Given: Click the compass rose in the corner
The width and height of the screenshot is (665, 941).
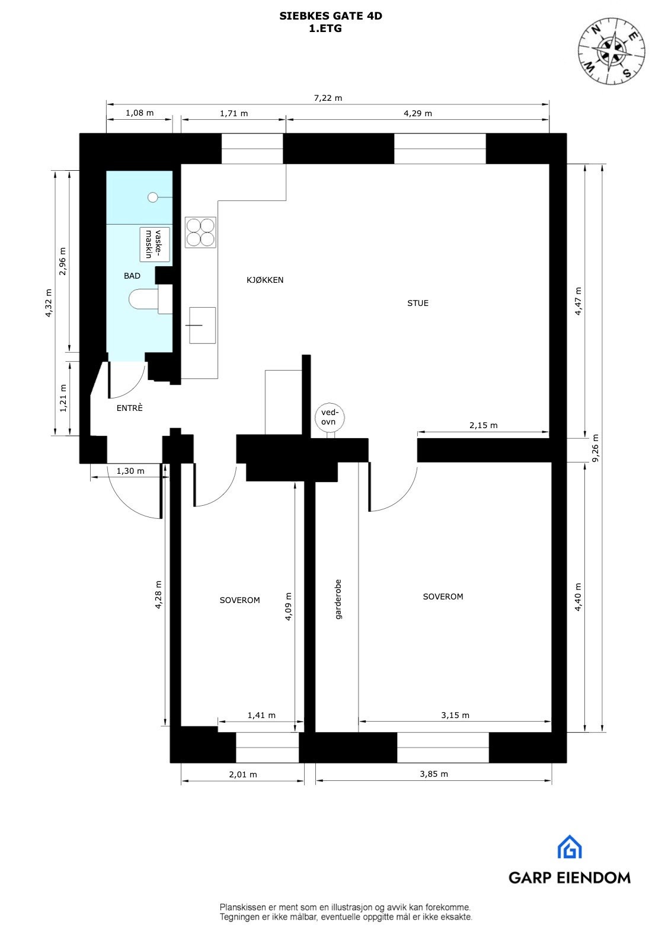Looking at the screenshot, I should point(612,49).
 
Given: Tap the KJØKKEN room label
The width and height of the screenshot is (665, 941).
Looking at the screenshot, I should point(265,280).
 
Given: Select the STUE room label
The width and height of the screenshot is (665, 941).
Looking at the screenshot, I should point(417,303).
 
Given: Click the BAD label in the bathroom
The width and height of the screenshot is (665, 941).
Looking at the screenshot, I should point(132,276).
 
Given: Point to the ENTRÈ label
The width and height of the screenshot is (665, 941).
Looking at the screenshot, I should point(129,408).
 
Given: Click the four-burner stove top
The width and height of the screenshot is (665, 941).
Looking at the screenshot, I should point(200,232).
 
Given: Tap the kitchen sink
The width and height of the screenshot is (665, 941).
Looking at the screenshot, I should point(202,325).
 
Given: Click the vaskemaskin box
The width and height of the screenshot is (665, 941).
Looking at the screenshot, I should point(155,244).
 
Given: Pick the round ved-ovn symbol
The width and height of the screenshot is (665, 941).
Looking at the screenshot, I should point(329,417).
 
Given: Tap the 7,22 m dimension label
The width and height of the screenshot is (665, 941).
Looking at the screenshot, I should point(328,98).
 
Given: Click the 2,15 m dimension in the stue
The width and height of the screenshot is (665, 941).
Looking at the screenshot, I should point(483,425).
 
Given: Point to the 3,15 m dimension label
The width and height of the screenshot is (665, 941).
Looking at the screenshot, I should point(455,715).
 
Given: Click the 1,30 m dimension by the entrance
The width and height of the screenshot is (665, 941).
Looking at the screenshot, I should point(130,471).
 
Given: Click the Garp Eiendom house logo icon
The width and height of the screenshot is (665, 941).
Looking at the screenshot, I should point(569,847).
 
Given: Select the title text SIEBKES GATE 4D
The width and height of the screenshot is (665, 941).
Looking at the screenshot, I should point(331,16).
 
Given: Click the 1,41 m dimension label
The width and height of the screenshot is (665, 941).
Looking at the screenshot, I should point(261,715).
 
